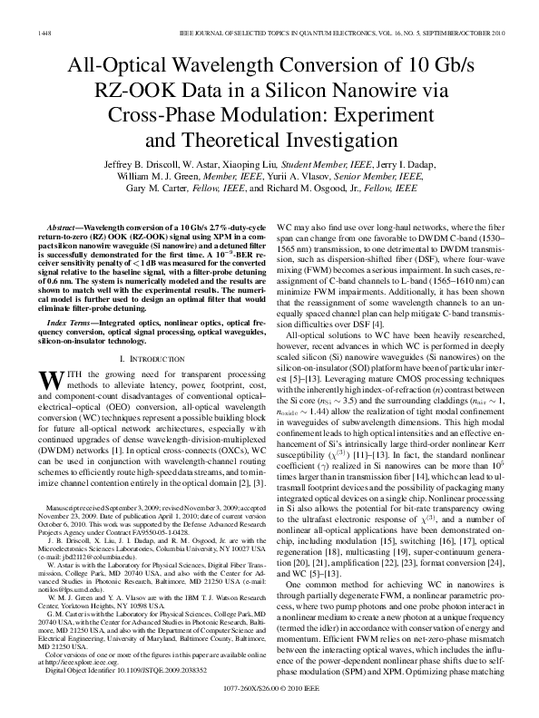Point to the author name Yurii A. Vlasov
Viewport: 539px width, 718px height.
click(307, 177)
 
